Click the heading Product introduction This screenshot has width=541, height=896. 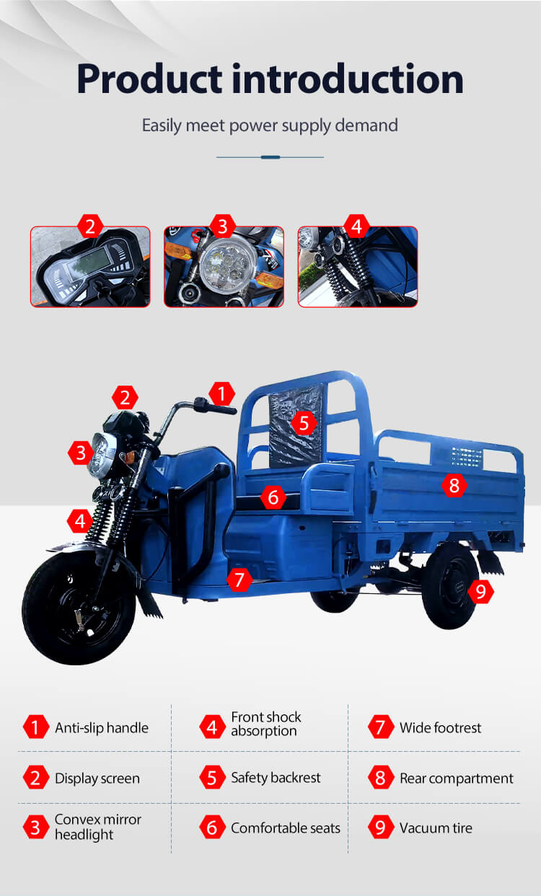[270, 79]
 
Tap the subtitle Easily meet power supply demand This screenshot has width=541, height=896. [270, 125]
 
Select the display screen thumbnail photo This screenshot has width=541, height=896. [90, 267]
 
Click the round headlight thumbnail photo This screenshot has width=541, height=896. [224, 267]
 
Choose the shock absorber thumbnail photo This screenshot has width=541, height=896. [358, 267]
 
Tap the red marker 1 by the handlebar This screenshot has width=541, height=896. [221, 394]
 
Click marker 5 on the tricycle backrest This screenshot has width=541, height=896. [304, 423]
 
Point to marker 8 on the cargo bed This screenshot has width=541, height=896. [454, 486]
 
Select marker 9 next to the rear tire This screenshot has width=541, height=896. [480, 592]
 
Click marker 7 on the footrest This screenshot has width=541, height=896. [239, 580]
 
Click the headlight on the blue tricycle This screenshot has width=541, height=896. [101, 455]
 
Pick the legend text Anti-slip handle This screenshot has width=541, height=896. [102, 727]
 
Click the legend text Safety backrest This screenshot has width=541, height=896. [276, 778]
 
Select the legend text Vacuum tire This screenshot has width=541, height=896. [436, 828]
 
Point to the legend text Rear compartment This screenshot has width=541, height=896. [457, 778]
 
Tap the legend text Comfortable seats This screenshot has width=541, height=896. [286, 828]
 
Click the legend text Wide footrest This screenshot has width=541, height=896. [441, 727]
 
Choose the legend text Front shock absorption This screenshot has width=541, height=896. [266, 724]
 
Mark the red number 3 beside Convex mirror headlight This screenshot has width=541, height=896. [35, 828]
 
